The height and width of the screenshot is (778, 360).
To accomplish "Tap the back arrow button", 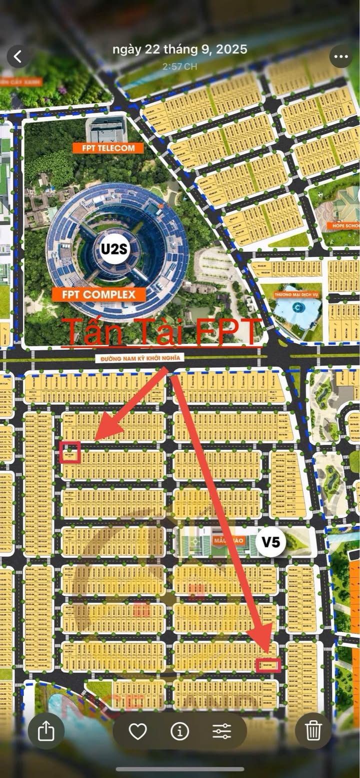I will coord(18,56).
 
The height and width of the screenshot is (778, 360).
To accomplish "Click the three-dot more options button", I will coord(341,57).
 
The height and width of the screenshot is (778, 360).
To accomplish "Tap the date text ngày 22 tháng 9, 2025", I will coord(179,49).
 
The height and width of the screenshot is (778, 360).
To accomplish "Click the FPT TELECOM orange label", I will coord(107,148).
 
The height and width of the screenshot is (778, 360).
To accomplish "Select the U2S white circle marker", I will coord(114,249).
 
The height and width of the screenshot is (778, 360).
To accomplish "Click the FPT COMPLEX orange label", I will coord(98,294).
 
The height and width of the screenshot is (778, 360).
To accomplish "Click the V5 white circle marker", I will coord(271,542).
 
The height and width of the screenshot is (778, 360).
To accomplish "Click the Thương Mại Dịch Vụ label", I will coord(297,295).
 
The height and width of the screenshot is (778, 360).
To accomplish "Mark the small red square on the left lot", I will coord(70,452).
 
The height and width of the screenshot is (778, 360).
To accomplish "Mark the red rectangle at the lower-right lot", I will coord(268,665).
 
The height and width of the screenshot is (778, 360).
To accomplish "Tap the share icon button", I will coord(45,731).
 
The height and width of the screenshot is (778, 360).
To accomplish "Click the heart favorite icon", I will coord(137,731).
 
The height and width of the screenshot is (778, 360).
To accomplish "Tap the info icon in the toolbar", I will coord(179,731).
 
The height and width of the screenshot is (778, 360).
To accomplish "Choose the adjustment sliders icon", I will coord(221,731).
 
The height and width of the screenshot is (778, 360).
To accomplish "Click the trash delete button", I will coord(313,731).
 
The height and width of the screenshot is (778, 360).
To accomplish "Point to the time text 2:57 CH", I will coord(179,66).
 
